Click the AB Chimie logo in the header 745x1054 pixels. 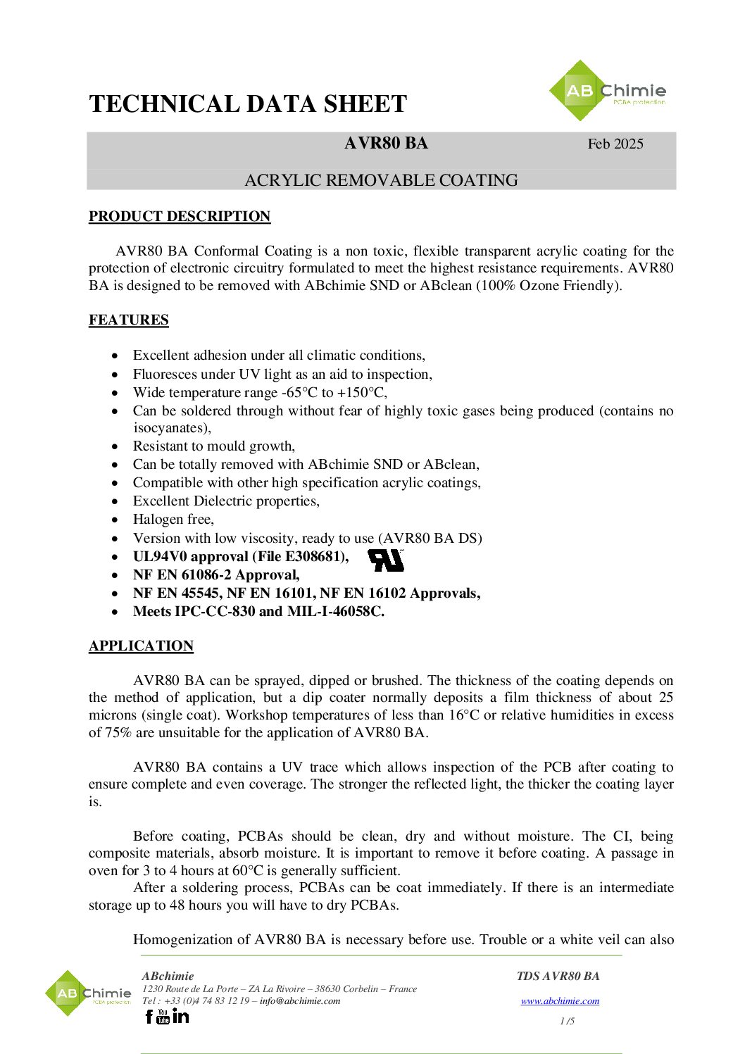(606, 91)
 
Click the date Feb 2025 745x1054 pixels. (615, 144)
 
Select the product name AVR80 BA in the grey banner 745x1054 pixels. (386, 143)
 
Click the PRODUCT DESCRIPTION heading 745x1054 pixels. (180, 216)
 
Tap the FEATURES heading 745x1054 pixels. (129, 320)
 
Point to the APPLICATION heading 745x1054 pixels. (141, 646)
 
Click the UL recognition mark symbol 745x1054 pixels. (386, 560)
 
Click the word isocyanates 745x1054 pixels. (170, 427)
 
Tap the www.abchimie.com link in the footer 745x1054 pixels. (560, 1000)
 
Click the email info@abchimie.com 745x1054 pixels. (299, 1000)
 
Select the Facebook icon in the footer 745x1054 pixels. (149, 1016)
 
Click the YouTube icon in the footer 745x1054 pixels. (163, 1016)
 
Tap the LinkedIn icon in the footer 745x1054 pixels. (181, 1016)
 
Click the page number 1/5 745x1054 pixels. (567, 1021)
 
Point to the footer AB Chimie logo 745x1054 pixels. (87, 993)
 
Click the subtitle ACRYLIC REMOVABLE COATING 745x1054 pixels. (381, 180)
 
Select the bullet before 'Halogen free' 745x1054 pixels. (115, 520)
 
